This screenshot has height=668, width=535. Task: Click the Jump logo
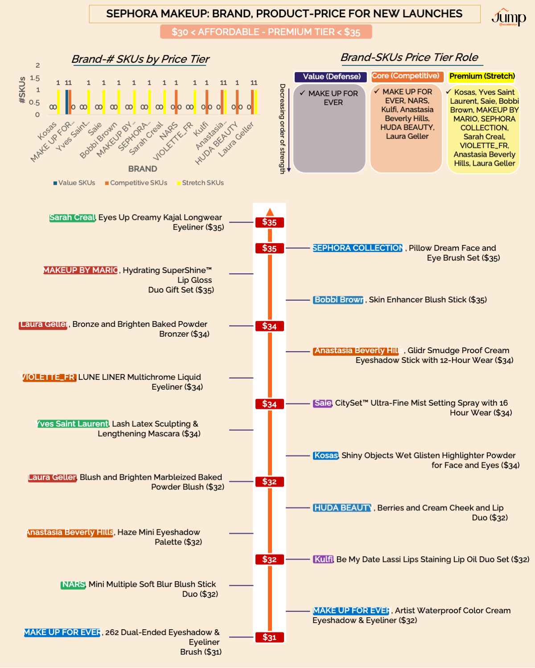click(509, 17)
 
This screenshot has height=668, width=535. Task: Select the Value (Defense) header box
click(331, 77)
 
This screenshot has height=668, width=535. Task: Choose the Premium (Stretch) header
click(482, 77)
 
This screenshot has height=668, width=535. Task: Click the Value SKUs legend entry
click(74, 183)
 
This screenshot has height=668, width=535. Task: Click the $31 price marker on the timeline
click(269, 637)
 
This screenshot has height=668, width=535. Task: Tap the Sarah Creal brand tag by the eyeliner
click(72, 218)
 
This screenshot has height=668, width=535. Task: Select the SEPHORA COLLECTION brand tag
click(358, 248)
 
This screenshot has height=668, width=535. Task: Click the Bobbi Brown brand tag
click(338, 300)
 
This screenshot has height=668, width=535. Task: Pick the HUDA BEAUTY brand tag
click(342, 508)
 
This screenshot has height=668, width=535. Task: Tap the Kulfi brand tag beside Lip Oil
click(324, 559)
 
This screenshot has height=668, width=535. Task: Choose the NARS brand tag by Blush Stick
click(73, 584)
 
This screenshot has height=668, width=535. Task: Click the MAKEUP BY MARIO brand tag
click(81, 270)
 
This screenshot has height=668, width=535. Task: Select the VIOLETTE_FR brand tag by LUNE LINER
click(49, 377)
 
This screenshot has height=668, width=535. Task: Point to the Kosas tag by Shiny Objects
click(326, 456)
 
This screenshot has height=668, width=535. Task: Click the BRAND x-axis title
click(143, 169)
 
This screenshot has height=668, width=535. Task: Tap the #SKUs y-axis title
click(22, 90)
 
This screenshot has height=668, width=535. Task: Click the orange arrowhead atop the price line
click(270, 212)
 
